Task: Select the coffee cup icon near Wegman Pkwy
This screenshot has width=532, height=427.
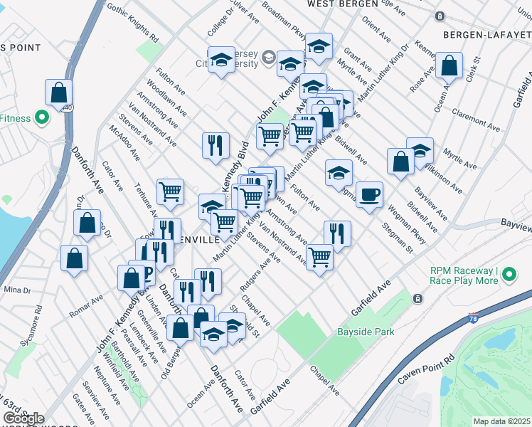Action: pos(368,195)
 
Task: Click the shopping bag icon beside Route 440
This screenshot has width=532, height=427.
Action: pos(58,93)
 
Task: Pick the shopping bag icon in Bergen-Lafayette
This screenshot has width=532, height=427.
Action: pos(449,67)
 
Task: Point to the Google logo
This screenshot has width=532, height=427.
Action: pos(23,418)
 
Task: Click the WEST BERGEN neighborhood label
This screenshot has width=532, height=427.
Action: pos(342,4)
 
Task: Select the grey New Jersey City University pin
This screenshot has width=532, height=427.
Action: pos(269,58)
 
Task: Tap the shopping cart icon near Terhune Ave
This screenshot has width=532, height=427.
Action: pos(171,191)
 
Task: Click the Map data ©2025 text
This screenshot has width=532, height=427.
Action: pos(501,421)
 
